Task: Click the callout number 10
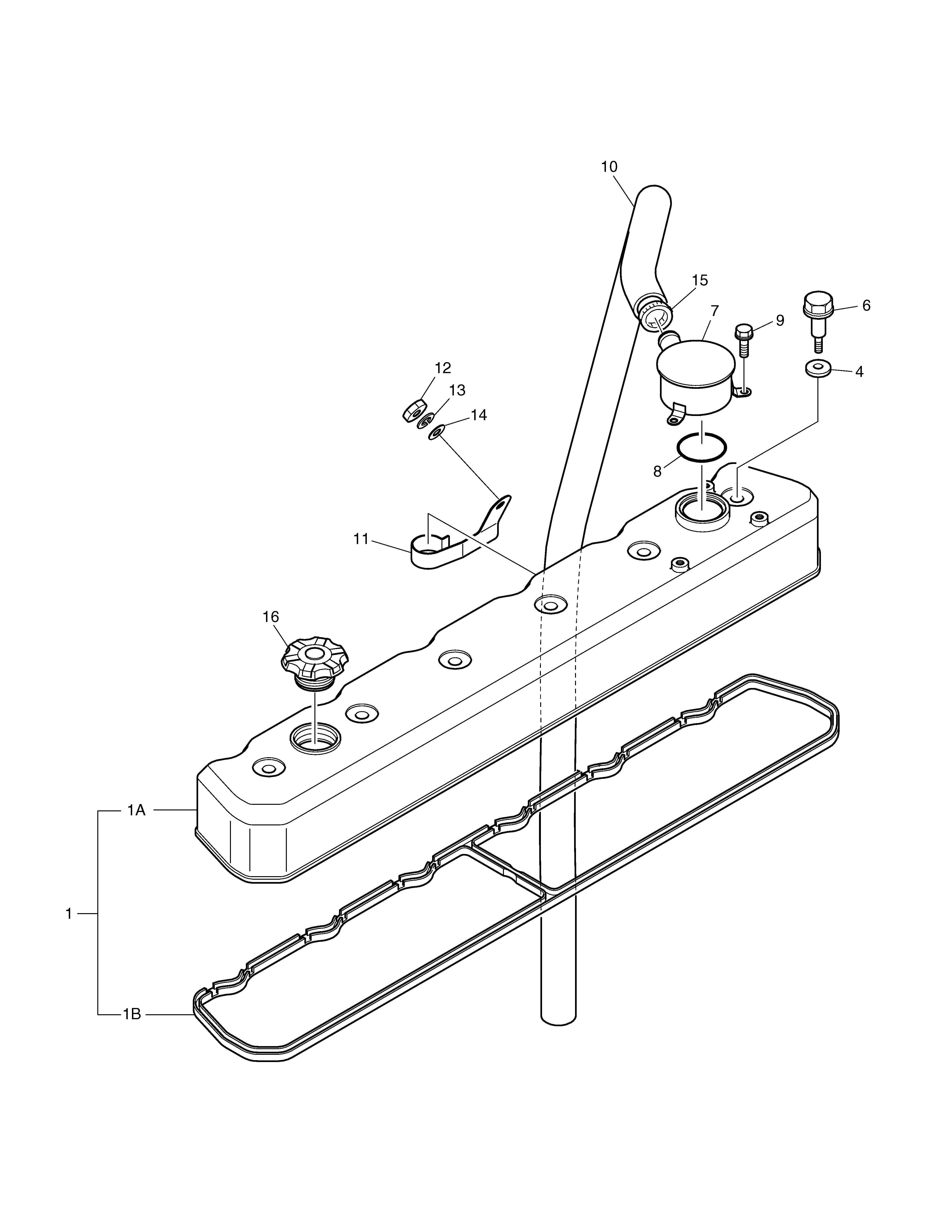click(609, 167)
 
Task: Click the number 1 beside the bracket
click(69, 914)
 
